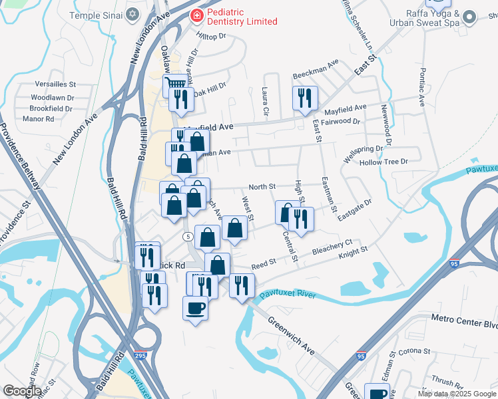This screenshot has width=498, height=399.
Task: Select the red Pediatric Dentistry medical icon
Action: pyautogui.click(x=197, y=15)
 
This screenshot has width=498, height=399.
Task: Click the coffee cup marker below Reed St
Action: pyautogui.click(x=195, y=308)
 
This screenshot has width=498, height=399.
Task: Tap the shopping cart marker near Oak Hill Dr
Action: pyautogui.click(x=174, y=84)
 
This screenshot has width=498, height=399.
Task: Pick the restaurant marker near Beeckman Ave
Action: pyautogui.click(x=304, y=97)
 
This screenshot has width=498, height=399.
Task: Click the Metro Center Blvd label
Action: pyautogui.click(x=464, y=325)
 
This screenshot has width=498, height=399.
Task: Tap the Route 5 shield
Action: pyautogui.click(x=189, y=237)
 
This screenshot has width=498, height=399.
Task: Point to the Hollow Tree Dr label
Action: pyautogui.click(x=383, y=162)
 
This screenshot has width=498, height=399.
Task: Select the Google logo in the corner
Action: pyautogui.click(x=22, y=392)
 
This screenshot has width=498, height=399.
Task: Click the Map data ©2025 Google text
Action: pyautogui.click(x=457, y=394)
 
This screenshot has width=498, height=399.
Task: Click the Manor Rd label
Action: pyautogui.click(x=38, y=119)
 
